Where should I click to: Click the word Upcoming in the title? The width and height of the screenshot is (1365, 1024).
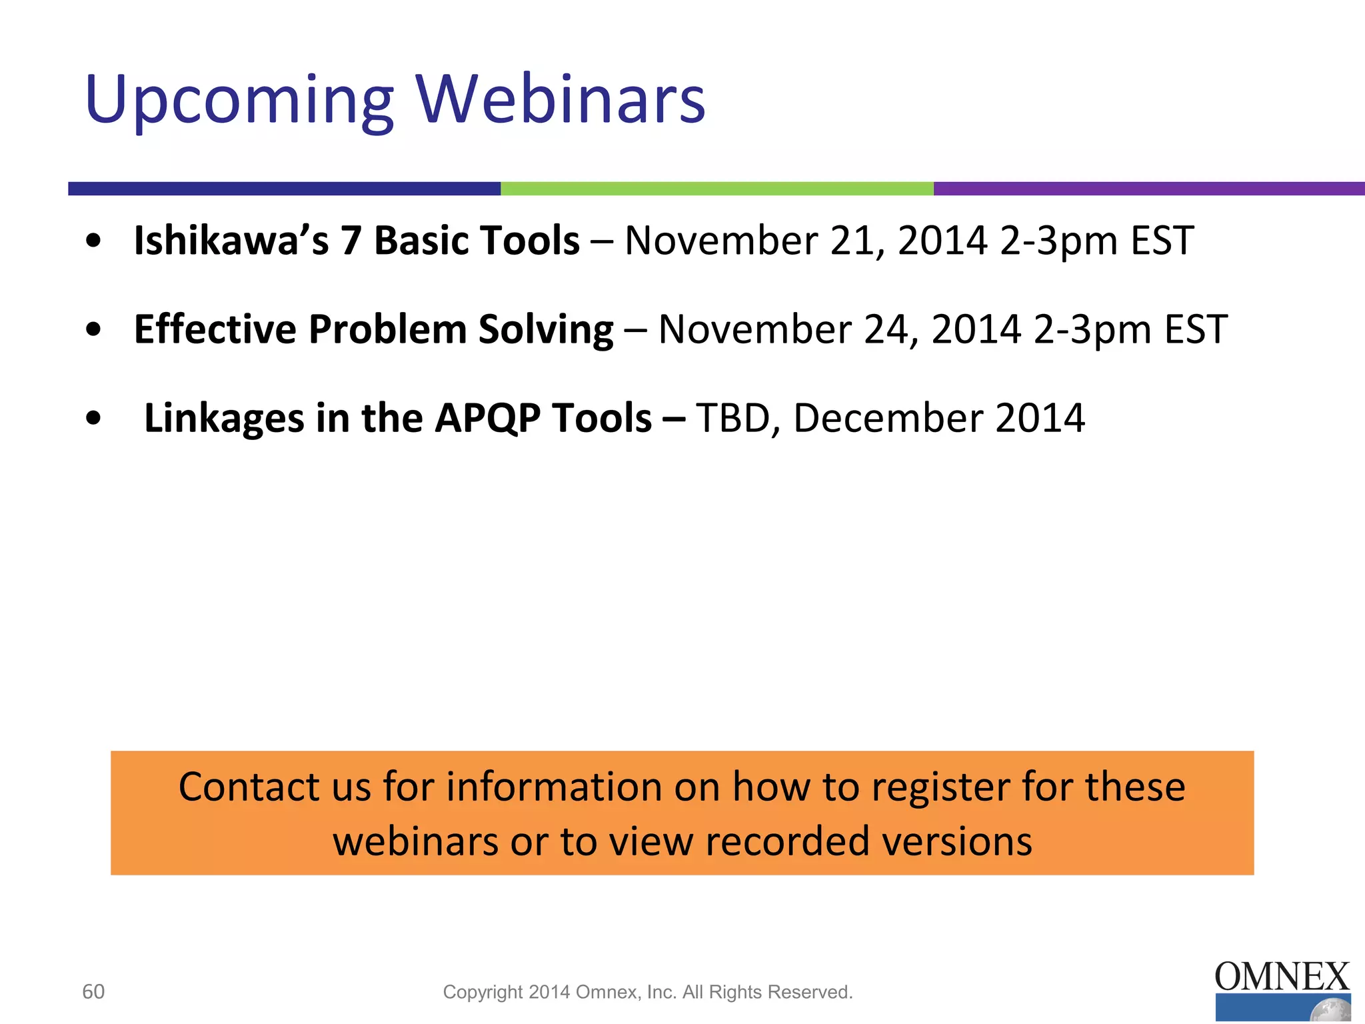240,100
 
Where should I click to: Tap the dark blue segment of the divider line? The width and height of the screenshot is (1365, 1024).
284,189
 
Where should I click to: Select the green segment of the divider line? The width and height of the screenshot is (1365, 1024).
716,189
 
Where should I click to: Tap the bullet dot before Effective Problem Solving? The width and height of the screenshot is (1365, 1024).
94,329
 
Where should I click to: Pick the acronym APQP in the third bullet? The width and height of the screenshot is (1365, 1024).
487,418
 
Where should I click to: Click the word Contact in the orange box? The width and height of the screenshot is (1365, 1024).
249,787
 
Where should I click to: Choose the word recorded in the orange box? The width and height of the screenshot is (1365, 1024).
787,841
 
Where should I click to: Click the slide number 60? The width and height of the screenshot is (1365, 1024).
93,991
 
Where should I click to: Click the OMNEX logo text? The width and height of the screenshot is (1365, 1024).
1281,977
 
